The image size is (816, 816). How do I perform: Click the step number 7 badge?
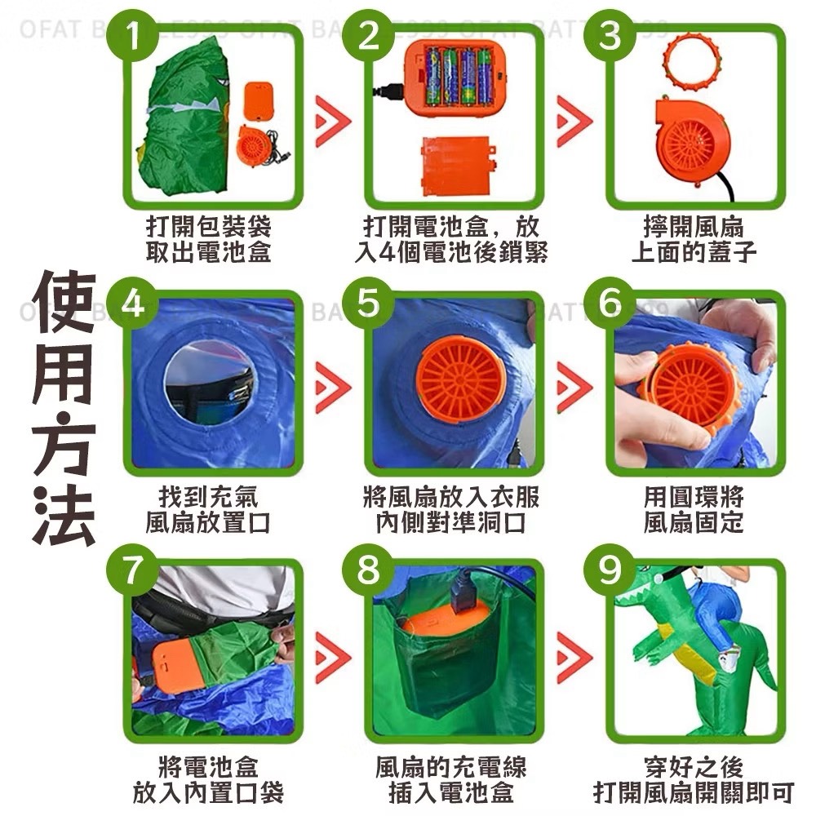(x=131, y=570)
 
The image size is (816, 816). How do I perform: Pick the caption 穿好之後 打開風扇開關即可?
(x=693, y=778)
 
